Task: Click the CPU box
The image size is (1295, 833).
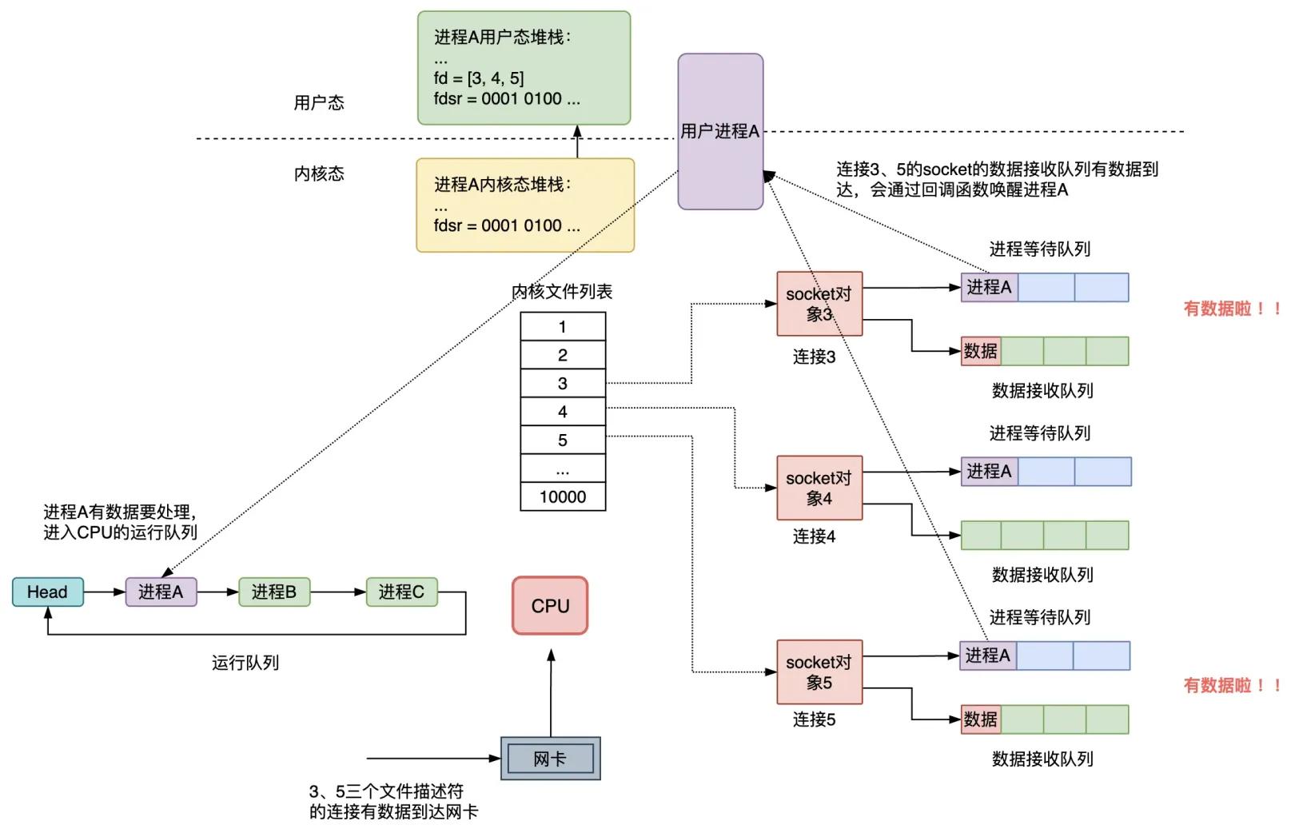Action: point(550,606)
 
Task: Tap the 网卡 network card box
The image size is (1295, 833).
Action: point(550,759)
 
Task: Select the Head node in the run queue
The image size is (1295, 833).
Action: point(47,592)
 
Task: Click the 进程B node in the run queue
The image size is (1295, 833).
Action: point(273,592)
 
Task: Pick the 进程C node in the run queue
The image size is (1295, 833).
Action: point(401,592)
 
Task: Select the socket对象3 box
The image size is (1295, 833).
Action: point(819,304)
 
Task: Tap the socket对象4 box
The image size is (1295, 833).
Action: point(819,488)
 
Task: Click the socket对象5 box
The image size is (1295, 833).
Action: point(819,672)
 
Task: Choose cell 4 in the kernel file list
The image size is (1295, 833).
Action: point(563,412)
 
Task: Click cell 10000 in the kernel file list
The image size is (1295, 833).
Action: point(563,496)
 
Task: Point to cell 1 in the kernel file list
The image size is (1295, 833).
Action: point(563,326)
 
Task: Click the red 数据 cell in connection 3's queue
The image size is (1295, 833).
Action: point(981,351)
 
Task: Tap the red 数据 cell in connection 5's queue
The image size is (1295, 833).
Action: point(981,719)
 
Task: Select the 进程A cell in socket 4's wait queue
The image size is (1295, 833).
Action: point(989,472)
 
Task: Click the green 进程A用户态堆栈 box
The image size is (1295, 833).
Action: point(524,68)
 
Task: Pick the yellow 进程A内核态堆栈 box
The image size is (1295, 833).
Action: point(524,205)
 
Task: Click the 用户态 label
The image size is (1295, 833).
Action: point(319,102)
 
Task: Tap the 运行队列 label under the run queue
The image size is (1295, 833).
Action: point(245,663)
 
